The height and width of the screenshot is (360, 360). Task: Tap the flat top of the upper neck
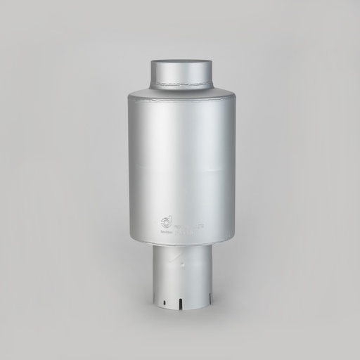pos(181,62)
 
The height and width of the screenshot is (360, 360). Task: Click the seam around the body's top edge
pos(181,99)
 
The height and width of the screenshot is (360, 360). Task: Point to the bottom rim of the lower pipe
pos(181,307)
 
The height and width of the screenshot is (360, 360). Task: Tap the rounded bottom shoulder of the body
pos(181,241)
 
